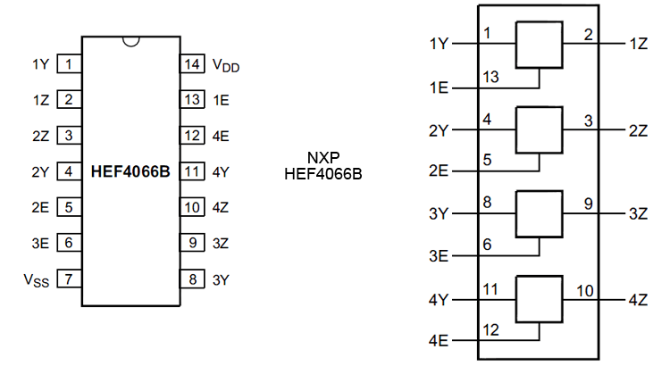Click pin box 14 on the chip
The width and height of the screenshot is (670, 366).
[x=192, y=64]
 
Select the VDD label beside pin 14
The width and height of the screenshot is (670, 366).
[x=225, y=65]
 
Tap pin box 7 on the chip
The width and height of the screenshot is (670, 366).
[x=68, y=279]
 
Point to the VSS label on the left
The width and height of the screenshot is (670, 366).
[x=37, y=279]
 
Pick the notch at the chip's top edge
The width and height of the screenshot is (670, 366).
[x=130, y=41]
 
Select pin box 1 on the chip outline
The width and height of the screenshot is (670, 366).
[x=68, y=64]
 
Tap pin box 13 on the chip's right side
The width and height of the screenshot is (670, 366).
[x=192, y=100]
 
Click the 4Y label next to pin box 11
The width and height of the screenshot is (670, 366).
[x=222, y=171]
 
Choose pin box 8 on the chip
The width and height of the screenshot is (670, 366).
[x=192, y=279]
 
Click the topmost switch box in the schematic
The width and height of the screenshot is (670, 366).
[x=539, y=44]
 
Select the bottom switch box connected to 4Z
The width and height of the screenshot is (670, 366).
[x=539, y=299]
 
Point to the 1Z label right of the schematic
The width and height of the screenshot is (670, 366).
[x=639, y=44]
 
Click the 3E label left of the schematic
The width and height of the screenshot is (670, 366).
[x=439, y=256]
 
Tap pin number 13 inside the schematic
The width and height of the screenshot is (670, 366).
[x=491, y=78]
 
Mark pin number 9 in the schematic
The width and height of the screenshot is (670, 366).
[x=588, y=204]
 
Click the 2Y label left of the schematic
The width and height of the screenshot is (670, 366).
[x=439, y=129]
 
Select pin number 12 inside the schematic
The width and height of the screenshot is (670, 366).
[x=491, y=331]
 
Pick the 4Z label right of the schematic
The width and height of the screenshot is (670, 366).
[x=639, y=299]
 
